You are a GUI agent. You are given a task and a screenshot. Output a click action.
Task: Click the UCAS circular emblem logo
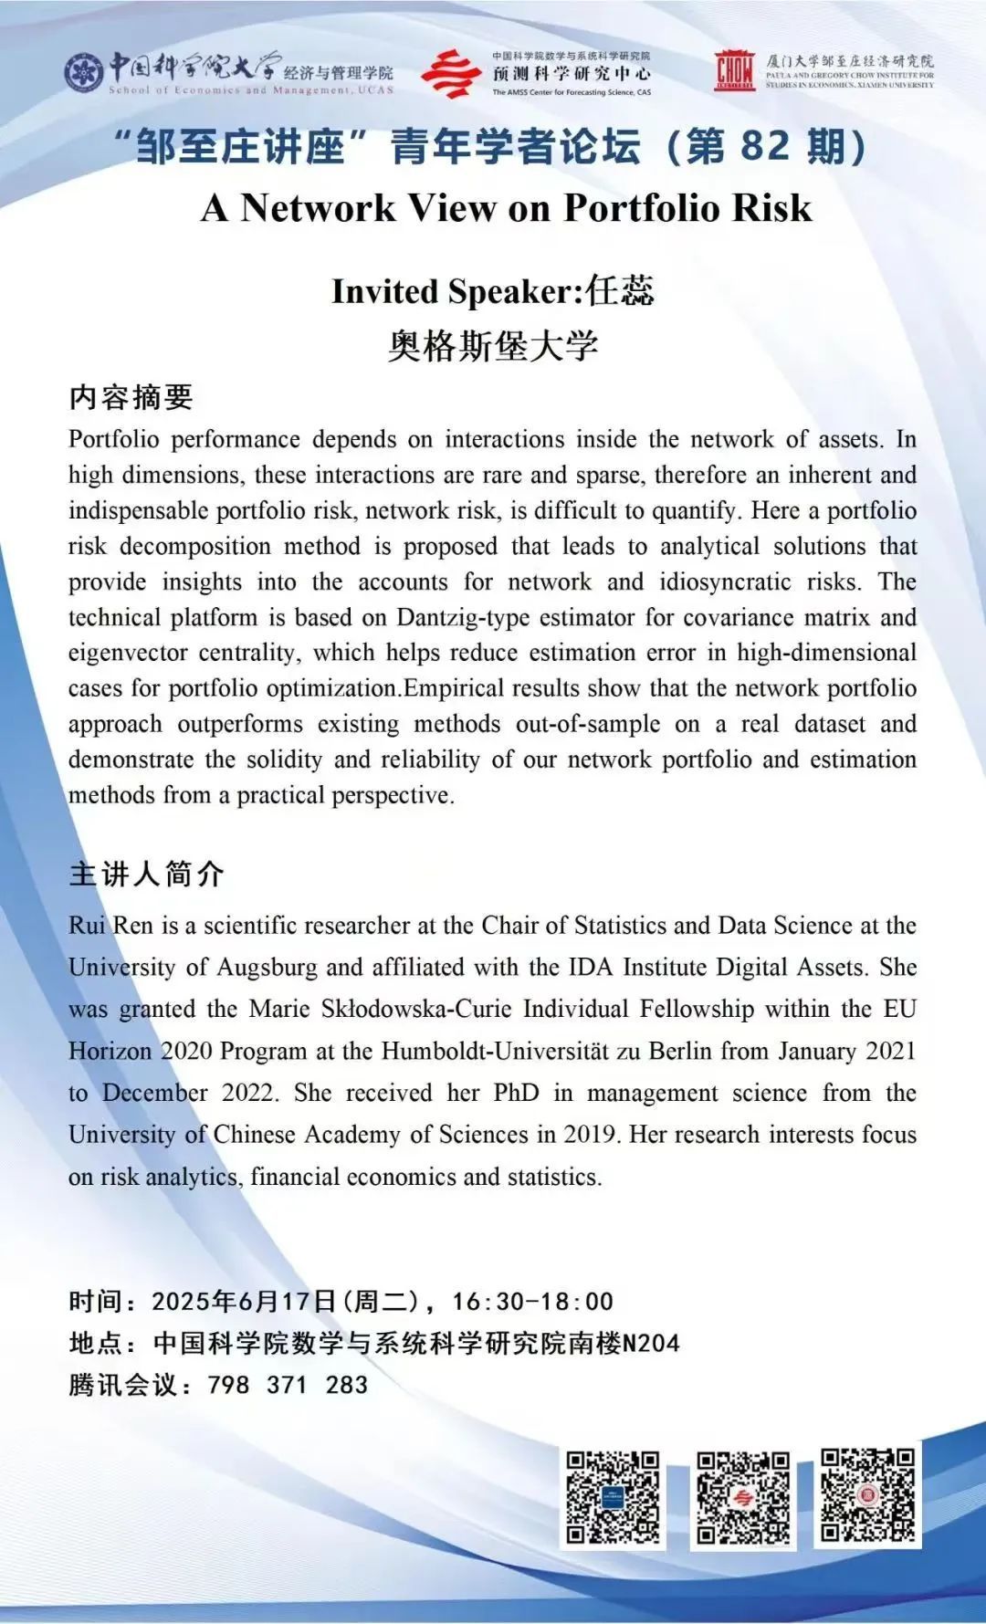coord(84,72)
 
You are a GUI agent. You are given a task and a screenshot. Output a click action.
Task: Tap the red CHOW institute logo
coord(734,70)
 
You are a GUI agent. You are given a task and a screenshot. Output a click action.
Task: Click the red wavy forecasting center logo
coord(451,74)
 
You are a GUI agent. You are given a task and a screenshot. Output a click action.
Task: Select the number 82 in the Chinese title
coord(764,146)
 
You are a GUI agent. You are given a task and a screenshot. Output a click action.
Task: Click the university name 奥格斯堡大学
coord(492,345)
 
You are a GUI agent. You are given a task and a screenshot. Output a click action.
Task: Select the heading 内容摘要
coord(131,397)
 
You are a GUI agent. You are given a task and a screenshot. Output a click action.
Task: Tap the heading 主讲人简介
coord(146,874)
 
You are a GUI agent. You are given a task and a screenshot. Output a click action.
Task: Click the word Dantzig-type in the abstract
coord(463,617)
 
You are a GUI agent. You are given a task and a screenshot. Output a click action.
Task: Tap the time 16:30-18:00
coord(532,1301)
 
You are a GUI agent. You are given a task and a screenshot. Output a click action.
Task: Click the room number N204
coord(651,1343)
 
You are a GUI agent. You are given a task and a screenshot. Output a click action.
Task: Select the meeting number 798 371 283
coord(288,1385)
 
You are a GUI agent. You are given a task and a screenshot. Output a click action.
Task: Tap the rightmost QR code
coord(867,1493)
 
